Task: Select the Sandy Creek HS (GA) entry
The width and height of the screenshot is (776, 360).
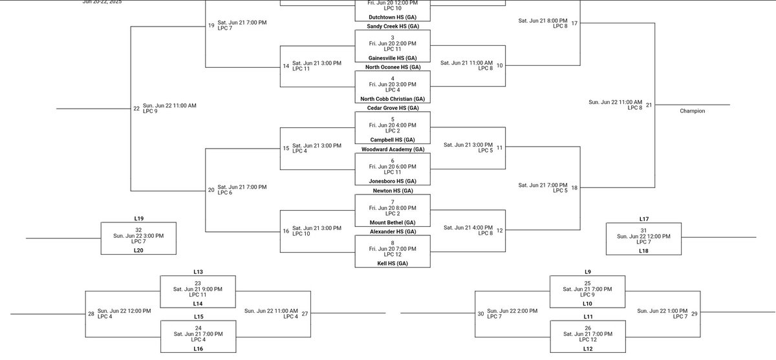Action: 393,26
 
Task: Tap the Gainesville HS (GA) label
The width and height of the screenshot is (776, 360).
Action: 393,58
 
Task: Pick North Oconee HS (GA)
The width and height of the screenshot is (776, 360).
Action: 393,67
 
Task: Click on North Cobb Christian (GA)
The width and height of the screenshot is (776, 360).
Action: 393,98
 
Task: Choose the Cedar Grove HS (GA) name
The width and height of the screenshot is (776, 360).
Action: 393,108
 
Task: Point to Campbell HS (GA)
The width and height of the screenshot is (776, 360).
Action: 393,140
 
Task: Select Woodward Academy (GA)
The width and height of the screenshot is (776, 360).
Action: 393,149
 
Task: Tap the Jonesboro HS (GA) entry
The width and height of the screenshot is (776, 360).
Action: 393,181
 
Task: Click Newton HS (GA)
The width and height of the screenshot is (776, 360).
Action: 393,191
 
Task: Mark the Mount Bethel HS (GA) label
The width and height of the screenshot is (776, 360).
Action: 393,222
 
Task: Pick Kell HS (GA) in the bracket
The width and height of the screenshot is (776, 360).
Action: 393,263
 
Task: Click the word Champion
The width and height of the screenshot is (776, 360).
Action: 692,111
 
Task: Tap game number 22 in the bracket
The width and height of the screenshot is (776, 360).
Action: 136,109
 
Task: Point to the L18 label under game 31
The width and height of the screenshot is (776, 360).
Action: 643,250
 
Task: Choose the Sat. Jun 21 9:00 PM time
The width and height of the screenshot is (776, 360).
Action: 198,289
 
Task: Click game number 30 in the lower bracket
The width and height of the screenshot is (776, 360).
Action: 480,314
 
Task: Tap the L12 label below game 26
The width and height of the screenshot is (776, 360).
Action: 587,348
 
